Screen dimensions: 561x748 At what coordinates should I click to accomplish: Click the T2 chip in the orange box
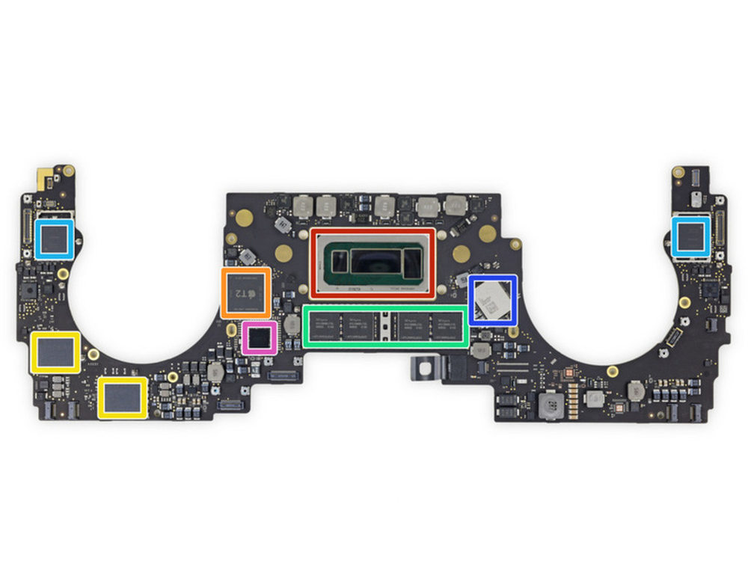coord(246,292)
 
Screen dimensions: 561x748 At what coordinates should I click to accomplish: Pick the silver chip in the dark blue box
coord(492,298)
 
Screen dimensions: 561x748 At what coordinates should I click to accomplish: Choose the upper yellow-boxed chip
coord(55,352)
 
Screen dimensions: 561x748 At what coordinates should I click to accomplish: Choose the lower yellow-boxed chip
coord(122,397)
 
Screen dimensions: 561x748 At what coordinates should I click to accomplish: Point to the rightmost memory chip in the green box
coord(449,325)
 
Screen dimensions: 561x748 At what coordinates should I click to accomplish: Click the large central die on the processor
coord(378,261)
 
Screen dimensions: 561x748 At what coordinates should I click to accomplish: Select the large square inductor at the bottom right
coord(550,405)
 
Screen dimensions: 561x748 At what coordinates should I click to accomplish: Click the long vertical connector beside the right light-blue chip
coord(720,233)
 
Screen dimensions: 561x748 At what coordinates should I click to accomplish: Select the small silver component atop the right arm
coord(696,199)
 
